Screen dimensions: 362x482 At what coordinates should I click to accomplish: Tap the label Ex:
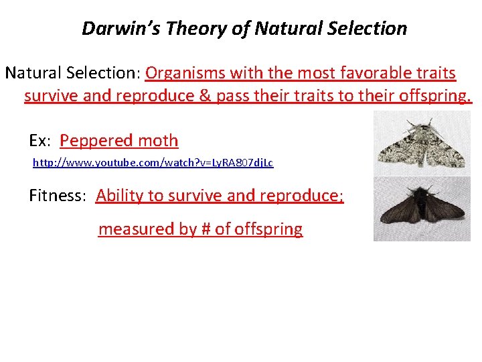41,141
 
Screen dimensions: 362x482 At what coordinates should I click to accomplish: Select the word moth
158,141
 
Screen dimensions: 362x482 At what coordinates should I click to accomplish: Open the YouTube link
153,163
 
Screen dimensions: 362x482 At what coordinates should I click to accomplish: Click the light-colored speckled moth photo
422,143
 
